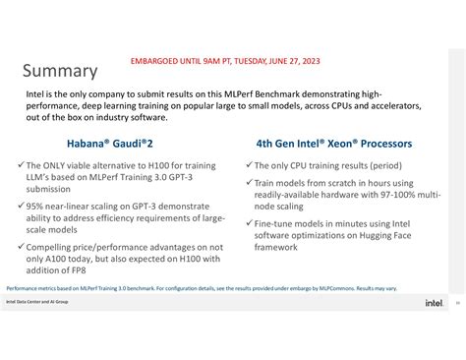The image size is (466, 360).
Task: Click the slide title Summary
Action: (60, 71)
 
